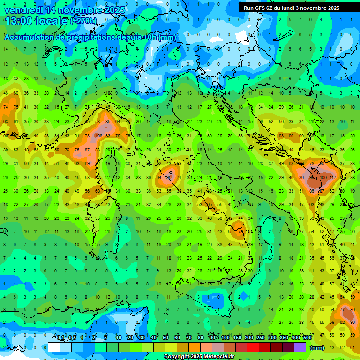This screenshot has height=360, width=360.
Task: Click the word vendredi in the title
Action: (x=23, y=9)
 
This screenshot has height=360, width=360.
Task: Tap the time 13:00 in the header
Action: (x=18, y=21)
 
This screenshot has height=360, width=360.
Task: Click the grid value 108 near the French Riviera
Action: (x=98, y=136)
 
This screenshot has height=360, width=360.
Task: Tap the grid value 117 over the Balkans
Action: (x=333, y=178)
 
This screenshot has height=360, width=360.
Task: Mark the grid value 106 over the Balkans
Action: (x=323, y=178)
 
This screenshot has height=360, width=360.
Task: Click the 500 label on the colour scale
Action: (x=307, y=338)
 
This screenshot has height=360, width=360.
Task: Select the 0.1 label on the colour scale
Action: (x=60, y=338)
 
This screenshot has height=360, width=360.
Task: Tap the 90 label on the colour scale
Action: (x=213, y=338)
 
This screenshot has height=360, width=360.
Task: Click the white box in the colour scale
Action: (x=54, y=347)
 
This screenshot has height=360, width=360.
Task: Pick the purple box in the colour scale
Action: (x=300, y=347)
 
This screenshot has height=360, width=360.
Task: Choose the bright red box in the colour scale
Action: (x=253, y=347)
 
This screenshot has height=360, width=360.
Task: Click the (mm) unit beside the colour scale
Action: (x=317, y=347)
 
